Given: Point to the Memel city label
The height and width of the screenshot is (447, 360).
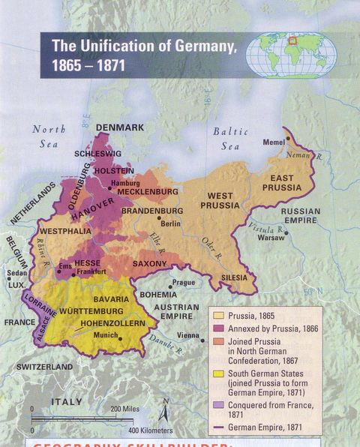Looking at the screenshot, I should pyautogui.click(x=274, y=142).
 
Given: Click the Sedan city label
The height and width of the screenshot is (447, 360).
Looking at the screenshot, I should pyautogui.click(x=16, y=273).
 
